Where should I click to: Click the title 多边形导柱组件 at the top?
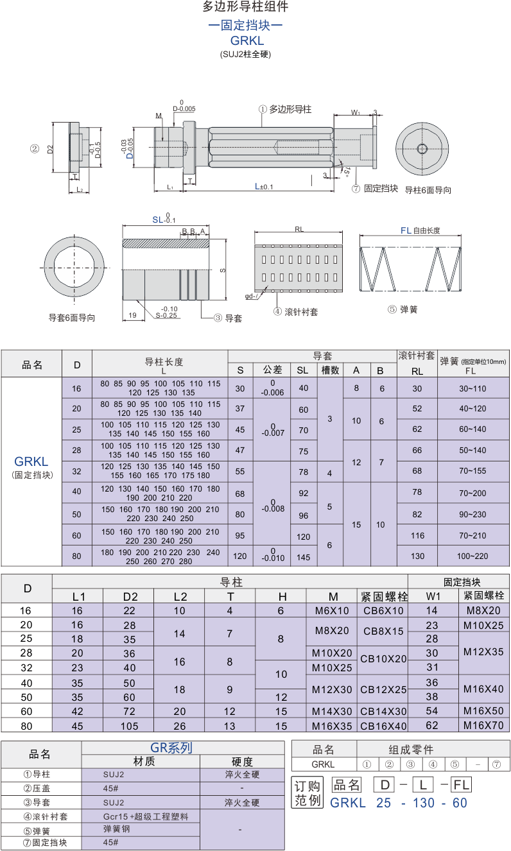click(245, 7)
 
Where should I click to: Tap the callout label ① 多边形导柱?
click(285, 110)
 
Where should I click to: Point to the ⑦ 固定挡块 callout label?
click(375, 189)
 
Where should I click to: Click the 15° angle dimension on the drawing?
click(346, 171)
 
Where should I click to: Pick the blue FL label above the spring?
click(406, 230)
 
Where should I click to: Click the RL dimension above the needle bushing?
click(299, 229)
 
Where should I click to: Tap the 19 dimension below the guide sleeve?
click(132, 315)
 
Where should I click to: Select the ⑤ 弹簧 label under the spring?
click(402, 309)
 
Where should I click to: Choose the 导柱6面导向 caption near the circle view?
click(428, 190)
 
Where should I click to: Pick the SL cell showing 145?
click(304, 557)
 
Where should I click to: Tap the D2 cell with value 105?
click(130, 725)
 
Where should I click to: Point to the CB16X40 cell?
click(383, 726)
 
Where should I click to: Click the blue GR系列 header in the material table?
click(171, 748)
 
